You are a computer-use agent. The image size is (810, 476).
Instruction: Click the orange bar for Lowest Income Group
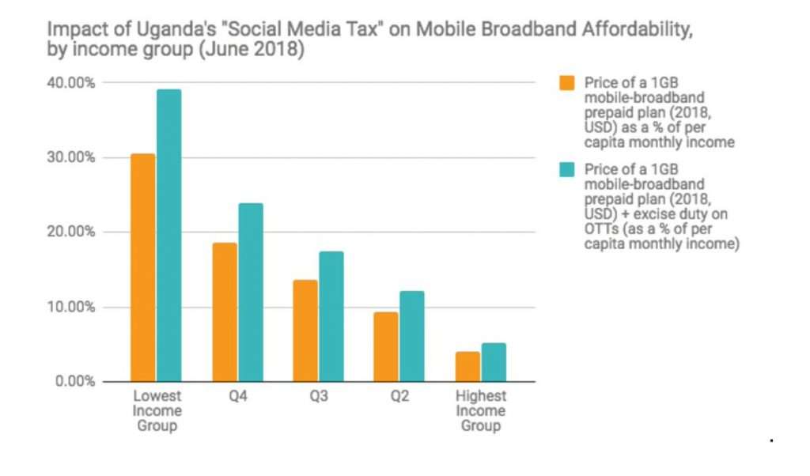pyautogui.click(x=143, y=267)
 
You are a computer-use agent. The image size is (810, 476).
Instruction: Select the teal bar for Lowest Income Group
pyautogui.click(x=168, y=235)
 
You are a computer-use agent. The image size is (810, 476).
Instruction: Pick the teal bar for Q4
pyautogui.click(x=250, y=292)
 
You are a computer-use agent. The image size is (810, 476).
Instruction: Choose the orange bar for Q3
pyautogui.click(x=305, y=331)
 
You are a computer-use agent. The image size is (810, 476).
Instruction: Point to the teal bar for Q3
pyautogui.click(x=331, y=316)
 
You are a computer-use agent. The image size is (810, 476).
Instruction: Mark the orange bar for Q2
pyautogui.click(x=386, y=346)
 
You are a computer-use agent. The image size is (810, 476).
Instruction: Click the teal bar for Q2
pyautogui.click(x=411, y=336)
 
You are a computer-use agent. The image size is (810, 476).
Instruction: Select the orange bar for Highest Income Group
pyautogui.click(x=467, y=366)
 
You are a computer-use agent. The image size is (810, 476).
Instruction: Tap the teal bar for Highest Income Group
pyautogui.click(x=493, y=361)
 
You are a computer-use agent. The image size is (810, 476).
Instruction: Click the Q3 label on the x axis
pyautogui.click(x=318, y=396)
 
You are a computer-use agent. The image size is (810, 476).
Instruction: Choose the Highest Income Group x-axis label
pyautogui.click(x=480, y=410)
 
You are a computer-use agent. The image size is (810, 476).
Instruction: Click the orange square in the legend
pyautogui.click(x=566, y=83)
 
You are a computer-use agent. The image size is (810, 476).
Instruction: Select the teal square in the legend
pyautogui.click(x=566, y=170)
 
